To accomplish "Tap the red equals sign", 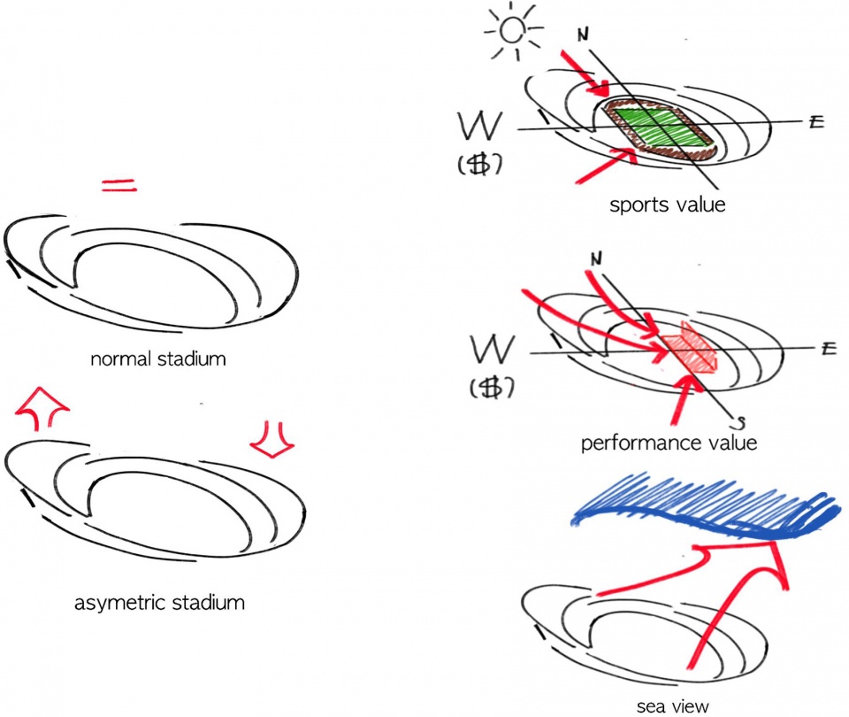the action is pyautogui.click(x=119, y=185).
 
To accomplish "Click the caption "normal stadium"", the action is pyautogui.click(x=158, y=358).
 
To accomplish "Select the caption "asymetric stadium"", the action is pyautogui.click(x=159, y=603).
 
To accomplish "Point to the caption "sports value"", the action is pyautogui.click(x=667, y=204).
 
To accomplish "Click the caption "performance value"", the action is pyautogui.click(x=669, y=443).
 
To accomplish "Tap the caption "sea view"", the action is pyautogui.click(x=672, y=706).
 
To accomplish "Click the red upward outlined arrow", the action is pyautogui.click(x=42, y=409).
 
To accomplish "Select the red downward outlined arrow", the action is pyautogui.click(x=272, y=440).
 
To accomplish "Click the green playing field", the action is pyautogui.click(x=661, y=127).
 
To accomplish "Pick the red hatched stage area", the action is pyautogui.click(x=690, y=348).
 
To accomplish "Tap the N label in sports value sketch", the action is pyautogui.click(x=583, y=35).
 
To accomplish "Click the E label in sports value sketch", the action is pyautogui.click(x=816, y=121).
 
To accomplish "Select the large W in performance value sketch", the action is pyautogui.click(x=492, y=350).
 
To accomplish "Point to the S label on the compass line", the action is pyautogui.click(x=740, y=423).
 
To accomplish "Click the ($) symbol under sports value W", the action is pyautogui.click(x=479, y=164).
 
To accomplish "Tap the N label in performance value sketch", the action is pyautogui.click(x=595, y=259).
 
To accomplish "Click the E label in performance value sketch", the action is pyautogui.click(x=829, y=348).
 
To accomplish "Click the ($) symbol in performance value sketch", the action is pyautogui.click(x=492, y=388).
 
